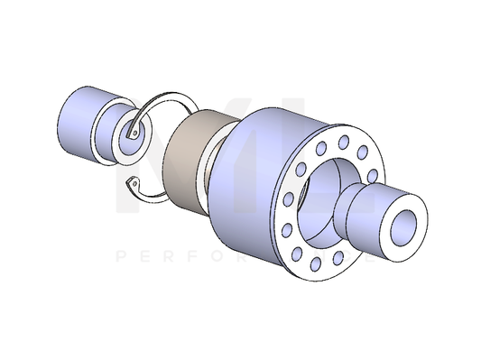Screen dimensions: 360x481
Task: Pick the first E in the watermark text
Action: pos(151,257)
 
